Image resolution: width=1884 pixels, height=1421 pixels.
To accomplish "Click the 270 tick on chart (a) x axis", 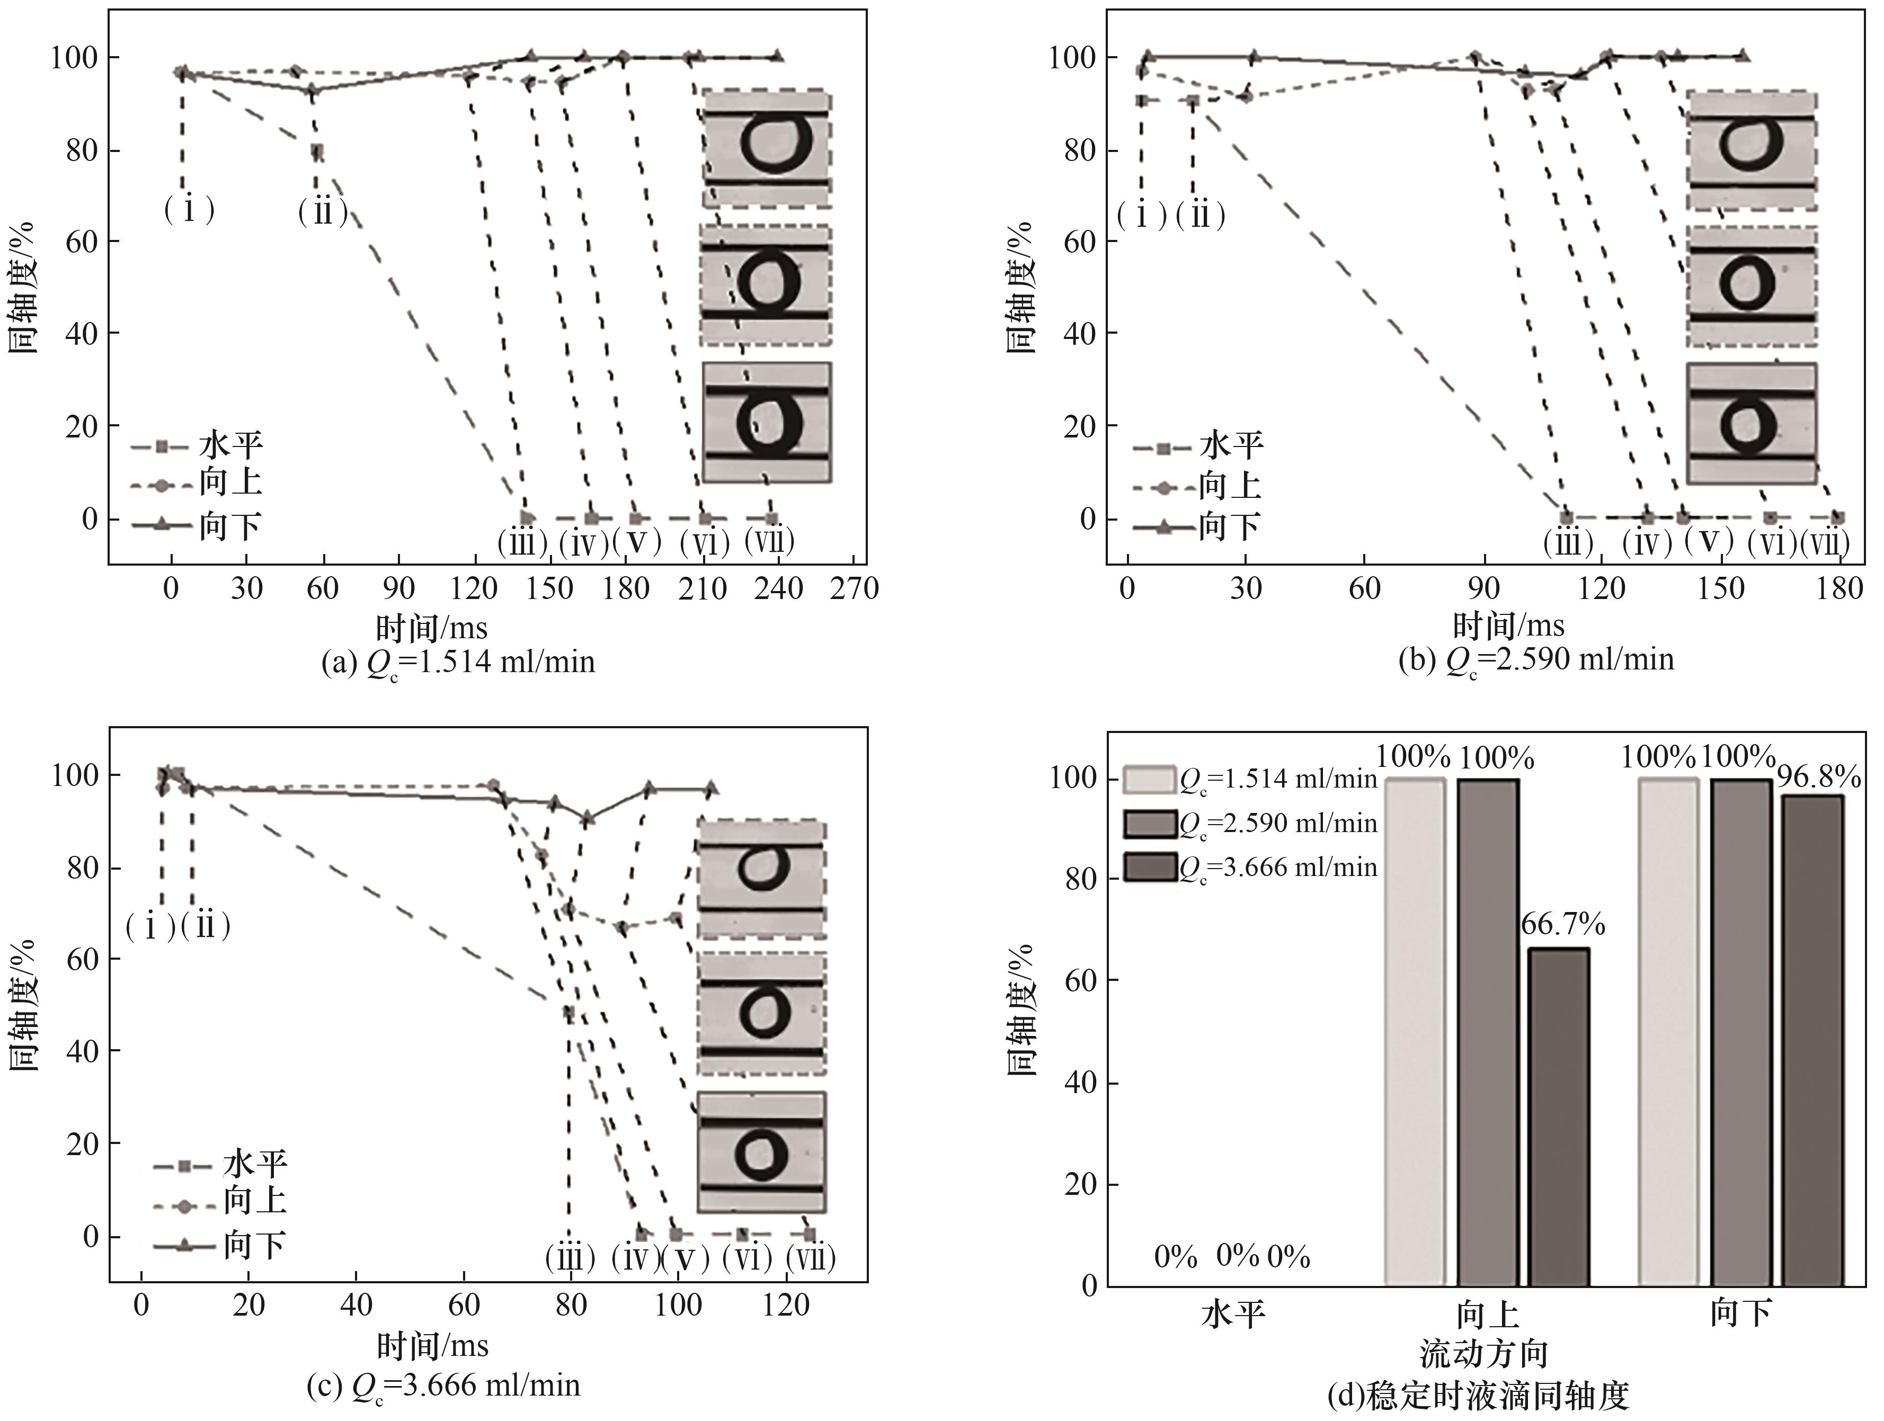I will tap(854, 589).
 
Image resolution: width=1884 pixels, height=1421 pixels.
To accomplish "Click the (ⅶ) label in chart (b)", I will tap(1825, 544).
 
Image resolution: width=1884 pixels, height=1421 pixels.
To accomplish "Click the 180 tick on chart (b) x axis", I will tap(1839, 589).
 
